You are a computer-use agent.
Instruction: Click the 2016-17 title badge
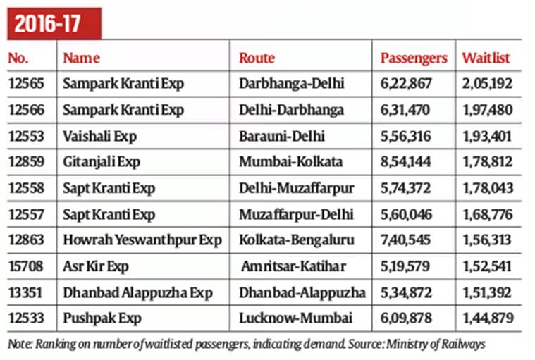pos(54,23)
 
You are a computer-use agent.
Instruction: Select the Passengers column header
pos(414,58)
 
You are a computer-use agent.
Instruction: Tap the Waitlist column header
pos(486,58)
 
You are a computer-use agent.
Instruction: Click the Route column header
pos(257,58)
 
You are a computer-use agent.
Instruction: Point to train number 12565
pos(26,84)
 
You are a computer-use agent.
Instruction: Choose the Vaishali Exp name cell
pos(100,136)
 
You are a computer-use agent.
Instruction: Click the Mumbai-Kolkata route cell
pos(290,162)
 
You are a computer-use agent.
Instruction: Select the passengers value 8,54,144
pos(410,162)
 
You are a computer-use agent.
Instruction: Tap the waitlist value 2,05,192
pos(487,84)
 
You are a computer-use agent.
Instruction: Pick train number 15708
pos(26,266)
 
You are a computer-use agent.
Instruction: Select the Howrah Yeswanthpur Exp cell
pos(142,240)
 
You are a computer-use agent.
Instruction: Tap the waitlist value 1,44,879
pos(487,318)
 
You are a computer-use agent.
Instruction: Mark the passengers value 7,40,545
pos(410,240)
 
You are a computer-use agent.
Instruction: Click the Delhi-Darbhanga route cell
pos(291,110)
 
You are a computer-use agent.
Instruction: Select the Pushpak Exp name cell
pos(97,318)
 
